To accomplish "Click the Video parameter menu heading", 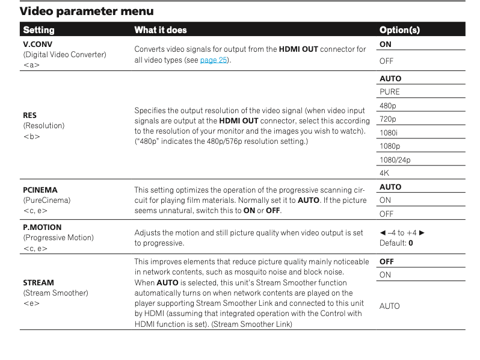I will click(87, 11).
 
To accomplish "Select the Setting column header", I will click(38, 29).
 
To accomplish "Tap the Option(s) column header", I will click(399, 29).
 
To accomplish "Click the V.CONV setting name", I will click(38, 44).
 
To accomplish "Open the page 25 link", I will click(214, 60).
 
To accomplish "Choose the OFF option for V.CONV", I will click(386, 61).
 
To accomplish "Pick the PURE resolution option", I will click(389, 92).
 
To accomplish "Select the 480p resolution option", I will click(388, 105).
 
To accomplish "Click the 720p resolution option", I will click(388, 119).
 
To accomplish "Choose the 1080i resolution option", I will click(389, 132).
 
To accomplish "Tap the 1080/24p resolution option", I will click(395, 160).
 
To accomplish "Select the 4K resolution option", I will click(384, 173).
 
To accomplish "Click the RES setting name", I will click(30, 115).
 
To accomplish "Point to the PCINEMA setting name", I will click(40, 190).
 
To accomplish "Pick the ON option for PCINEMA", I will click(385, 200).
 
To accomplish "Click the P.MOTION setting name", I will click(42, 228).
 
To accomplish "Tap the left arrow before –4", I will click(383, 232).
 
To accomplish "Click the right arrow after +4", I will click(422, 232).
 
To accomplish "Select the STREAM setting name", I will click(38, 282).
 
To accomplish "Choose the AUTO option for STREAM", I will click(389, 306).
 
